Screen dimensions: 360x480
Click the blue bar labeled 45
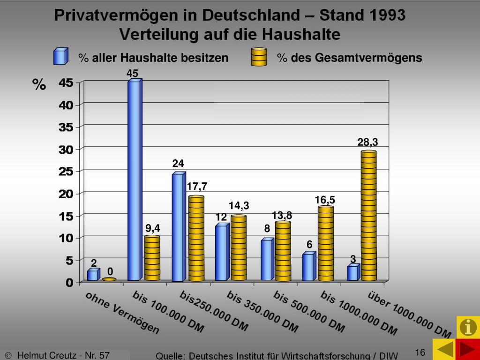pyautogui.click(x=134, y=180)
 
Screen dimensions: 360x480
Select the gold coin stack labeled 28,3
pyautogui.click(x=368, y=216)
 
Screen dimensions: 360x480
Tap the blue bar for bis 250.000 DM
pyautogui.click(x=178, y=227)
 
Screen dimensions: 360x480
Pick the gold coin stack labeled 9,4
pyautogui.click(x=152, y=258)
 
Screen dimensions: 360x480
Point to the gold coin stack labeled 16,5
pyautogui.click(x=325, y=244)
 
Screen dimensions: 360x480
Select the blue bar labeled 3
pyautogui.click(x=353, y=273)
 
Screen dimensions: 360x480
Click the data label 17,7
pyautogui.click(x=197, y=187)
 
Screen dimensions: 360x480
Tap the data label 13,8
pyautogui.click(x=282, y=216)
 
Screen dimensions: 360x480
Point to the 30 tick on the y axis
pyautogui.click(x=66, y=150)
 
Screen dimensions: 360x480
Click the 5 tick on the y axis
pyautogui.click(x=69, y=261)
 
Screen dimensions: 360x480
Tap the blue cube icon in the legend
pyautogui.click(x=60, y=57)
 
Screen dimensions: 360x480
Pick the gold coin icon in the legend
pyautogui.click(x=259, y=57)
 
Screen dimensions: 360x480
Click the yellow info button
pyautogui.click(x=468, y=327)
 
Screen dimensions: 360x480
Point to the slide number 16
pyautogui.click(x=420, y=352)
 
